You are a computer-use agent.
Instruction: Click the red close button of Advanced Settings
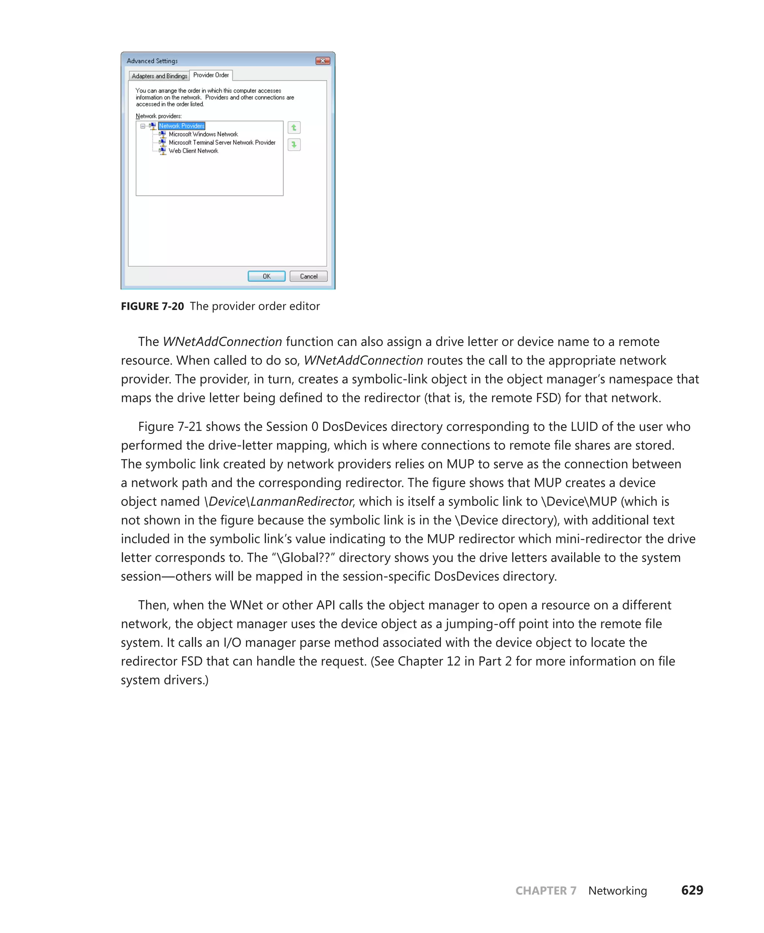pos(323,61)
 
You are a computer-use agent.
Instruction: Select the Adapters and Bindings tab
pos(159,76)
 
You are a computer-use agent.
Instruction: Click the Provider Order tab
pos(211,75)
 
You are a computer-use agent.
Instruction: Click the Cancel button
pos(308,276)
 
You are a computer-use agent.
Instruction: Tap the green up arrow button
pos(294,128)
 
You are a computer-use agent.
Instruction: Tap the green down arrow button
pos(294,144)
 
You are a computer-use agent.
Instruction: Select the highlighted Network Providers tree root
pos(182,126)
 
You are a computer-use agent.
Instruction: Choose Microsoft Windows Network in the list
pos(203,134)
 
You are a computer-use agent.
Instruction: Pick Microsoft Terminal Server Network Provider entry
pos(222,143)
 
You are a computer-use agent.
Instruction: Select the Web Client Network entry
pos(193,151)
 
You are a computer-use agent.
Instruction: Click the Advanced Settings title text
pos(152,61)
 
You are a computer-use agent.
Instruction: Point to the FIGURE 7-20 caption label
pos(152,306)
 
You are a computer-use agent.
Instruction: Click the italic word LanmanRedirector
pos(301,502)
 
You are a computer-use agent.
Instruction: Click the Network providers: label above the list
pos(159,116)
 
